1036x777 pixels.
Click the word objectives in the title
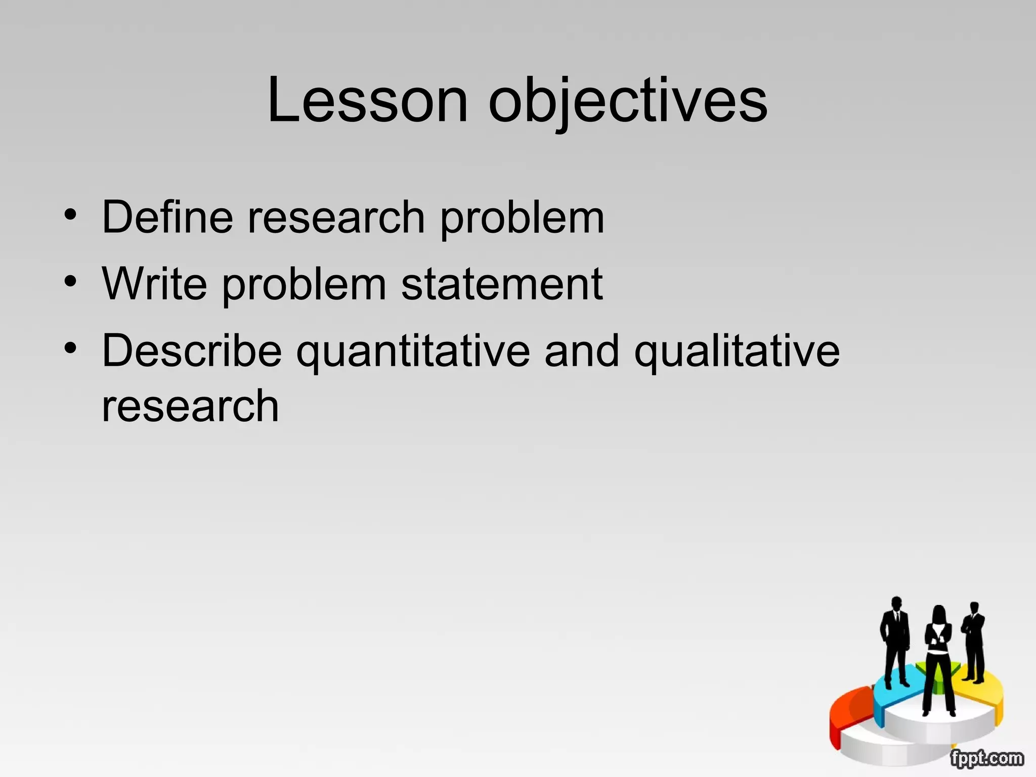627,101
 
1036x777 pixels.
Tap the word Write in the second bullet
154,284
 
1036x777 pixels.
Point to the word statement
502,285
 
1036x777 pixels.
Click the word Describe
192,351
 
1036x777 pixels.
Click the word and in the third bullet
582,351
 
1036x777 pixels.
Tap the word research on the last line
190,406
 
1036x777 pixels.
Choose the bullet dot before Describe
71,348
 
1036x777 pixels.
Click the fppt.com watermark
986,758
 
